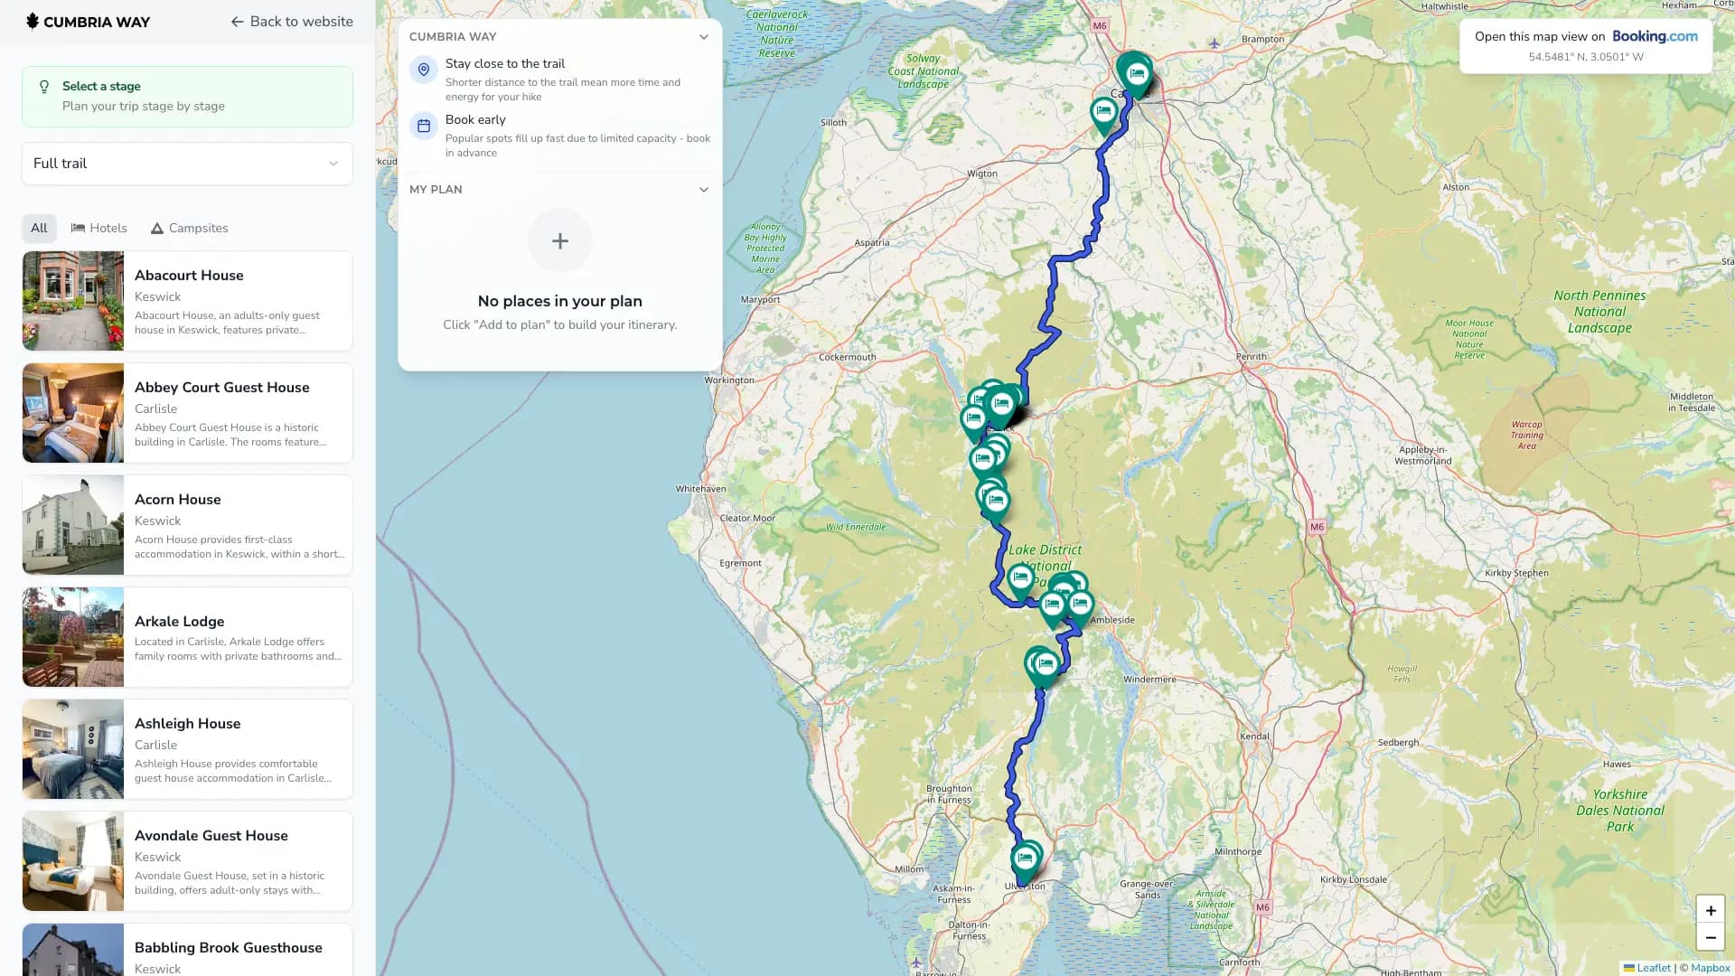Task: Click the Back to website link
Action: (x=292, y=22)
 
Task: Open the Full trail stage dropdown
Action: (x=187, y=164)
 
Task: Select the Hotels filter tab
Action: (x=99, y=229)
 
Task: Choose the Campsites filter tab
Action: (x=189, y=229)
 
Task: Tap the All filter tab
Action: (x=39, y=229)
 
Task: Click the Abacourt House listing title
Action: (x=189, y=276)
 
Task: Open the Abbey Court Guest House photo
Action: (x=73, y=413)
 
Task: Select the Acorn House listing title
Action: (x=177, y=500)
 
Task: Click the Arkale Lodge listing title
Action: (x=179, y=622)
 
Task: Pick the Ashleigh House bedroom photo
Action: (x=73, y=749)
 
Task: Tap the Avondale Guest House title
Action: (x=211, y=836)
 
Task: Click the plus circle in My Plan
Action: (x=560, y=241)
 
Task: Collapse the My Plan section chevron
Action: (x=704, y=190)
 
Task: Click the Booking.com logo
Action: (x=1655, y=37)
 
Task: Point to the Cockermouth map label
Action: (x=847, y=358)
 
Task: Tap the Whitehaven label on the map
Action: (x=700, y=489)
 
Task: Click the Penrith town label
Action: (x=1251, y=357)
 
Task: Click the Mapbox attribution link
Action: (x=1711, y=968)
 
